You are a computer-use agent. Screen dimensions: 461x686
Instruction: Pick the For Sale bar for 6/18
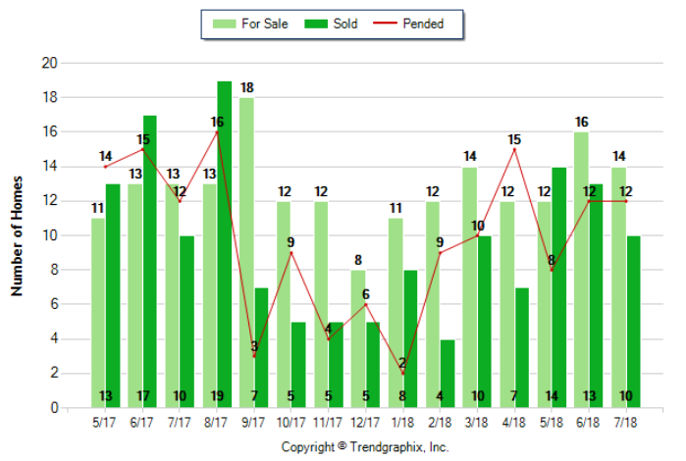[x=581, y=270]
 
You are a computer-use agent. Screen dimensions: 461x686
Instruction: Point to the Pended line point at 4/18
[x=514, y=149]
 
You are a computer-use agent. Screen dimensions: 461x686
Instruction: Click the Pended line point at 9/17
[x=254, y=356]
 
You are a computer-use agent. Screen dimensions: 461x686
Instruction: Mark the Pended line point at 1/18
[x=402, y=373]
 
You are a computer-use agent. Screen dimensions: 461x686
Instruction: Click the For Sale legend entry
[x=250, y=24]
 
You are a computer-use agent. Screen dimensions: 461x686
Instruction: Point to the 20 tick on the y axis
[x=51, y=63]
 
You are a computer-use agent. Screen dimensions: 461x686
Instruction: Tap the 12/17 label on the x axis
[x=365, y=424]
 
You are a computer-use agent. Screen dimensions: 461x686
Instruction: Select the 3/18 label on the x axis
[x=477, y=424]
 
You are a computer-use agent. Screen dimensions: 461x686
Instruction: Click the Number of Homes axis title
[x=17, y=235]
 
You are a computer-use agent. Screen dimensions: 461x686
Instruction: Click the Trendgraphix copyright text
[x=365, y=446]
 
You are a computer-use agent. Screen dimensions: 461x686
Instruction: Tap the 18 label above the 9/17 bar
[x=246, y=88]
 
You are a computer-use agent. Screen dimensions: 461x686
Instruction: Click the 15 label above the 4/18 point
[x=514, y=139]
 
